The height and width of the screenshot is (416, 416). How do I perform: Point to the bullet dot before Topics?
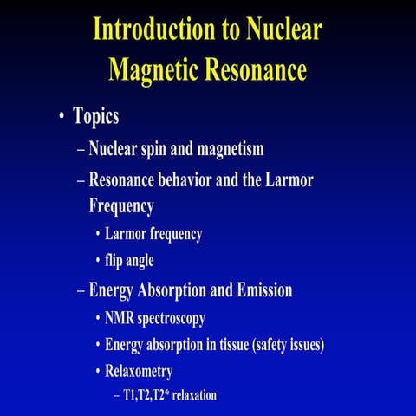pos(61,117)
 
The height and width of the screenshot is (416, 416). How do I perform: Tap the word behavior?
pos(192,181)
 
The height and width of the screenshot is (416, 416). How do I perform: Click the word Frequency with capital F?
pos(121,206)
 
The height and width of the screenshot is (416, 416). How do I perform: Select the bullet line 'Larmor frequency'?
pos(153,233)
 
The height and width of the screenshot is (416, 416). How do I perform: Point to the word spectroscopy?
pos(168,318)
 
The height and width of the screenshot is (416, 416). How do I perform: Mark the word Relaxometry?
pos(139,372)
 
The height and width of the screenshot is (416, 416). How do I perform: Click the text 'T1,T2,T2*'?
pos(146,395)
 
